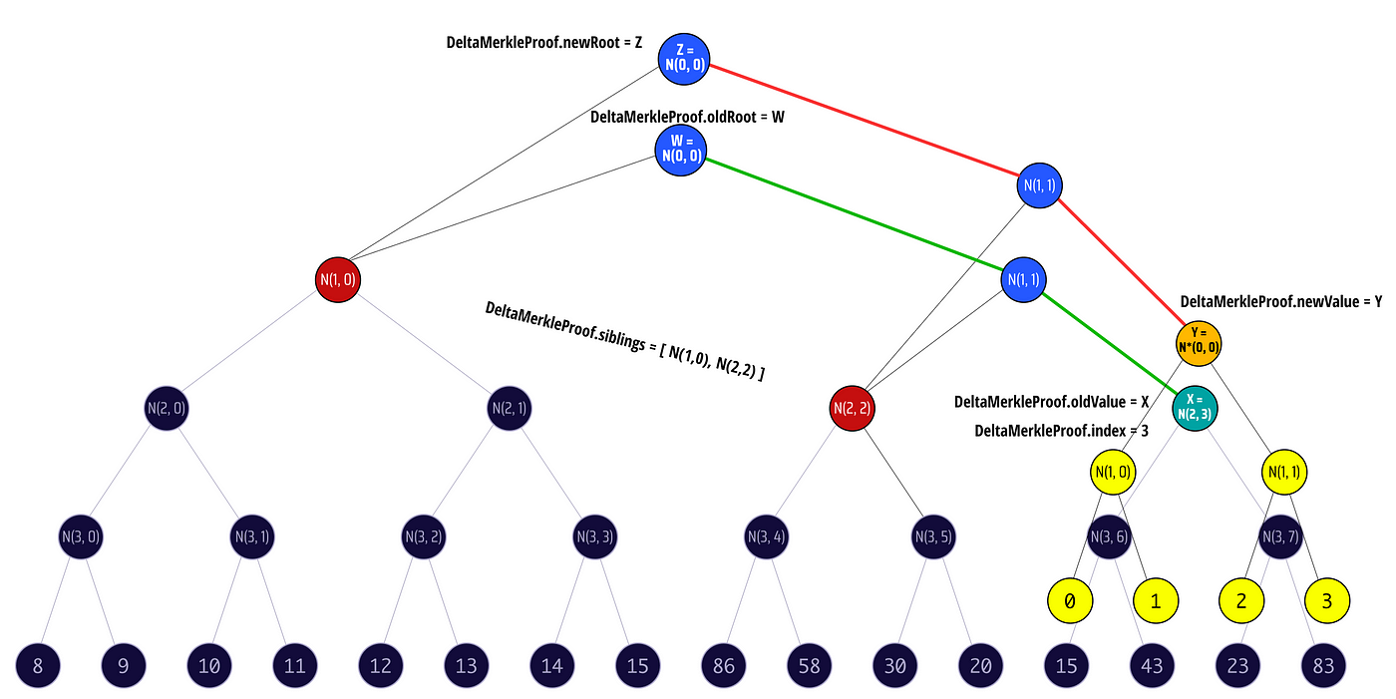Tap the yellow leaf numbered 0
point(1069,601)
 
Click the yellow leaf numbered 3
point(1326,601)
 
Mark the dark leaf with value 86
point(724,666)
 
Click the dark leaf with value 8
point(38,666)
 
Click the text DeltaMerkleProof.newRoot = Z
point(543,44)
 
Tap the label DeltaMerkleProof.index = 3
point(1062,430)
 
